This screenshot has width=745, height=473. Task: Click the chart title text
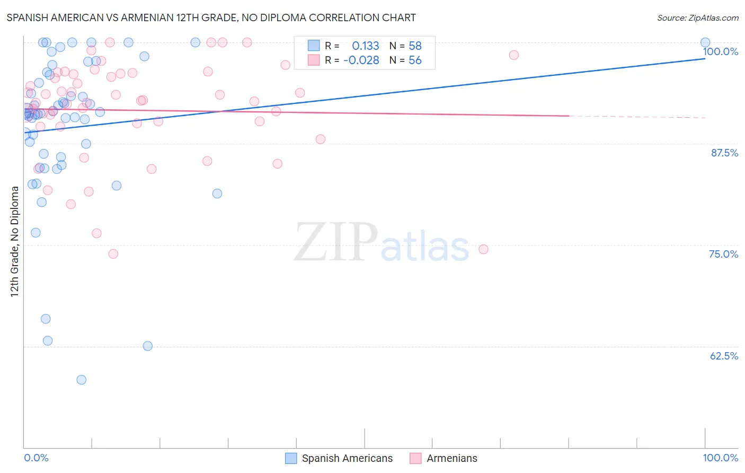point(211,17)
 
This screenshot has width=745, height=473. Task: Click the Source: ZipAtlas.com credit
point(697,17)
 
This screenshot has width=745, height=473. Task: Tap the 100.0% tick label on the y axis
point(720,51)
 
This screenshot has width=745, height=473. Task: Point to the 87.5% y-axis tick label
point(724,153)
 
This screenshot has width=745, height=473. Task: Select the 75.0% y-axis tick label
point(723,254)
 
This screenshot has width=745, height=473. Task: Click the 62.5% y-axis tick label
point(723,356)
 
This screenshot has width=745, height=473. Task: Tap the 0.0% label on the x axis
point(36,458)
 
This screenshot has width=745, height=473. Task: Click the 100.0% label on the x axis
point(720,458)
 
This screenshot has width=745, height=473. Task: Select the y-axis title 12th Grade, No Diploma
point(15,241)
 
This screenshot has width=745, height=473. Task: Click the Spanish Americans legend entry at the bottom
point(347,458)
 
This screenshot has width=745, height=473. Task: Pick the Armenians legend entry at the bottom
point(451,458)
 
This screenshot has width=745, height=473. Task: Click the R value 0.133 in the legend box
point(365,46)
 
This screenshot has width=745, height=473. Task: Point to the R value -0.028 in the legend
point(361,60)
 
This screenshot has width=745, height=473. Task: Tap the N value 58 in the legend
point(415,46)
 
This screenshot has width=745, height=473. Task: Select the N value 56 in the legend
point(415,60)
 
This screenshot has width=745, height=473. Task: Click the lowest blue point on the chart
point(81,380)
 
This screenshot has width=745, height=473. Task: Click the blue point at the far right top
point(705,42)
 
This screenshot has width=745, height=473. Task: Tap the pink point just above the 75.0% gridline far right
point(483,249)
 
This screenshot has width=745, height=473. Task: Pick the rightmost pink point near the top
point(513,55)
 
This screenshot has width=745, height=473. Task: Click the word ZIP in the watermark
point(336,242)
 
